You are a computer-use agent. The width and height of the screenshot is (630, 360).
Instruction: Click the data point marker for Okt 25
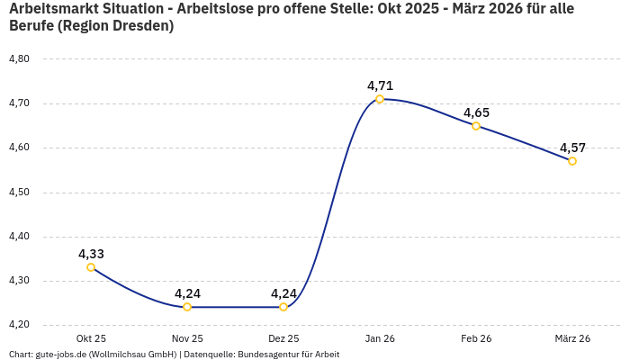coord(91,267)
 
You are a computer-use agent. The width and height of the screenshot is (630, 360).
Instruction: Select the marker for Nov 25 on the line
coord(187,307)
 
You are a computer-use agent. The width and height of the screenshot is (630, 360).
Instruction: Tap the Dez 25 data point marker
coord(283,307)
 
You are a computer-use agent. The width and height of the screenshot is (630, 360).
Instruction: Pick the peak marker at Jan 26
coord(380,99)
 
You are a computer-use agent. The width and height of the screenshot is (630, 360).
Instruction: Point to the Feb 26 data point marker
coord(476,126)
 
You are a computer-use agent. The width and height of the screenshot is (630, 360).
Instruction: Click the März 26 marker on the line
coord(572,161)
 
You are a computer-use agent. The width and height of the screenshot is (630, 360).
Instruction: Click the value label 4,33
coord(91,254)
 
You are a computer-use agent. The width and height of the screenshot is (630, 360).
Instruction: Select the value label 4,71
coord(380,85)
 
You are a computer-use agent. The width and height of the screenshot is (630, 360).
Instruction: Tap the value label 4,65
coord(476,112)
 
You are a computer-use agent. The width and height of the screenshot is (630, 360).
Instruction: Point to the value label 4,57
coord(572,148)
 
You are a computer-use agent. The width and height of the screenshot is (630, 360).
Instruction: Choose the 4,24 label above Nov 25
coord(187,293)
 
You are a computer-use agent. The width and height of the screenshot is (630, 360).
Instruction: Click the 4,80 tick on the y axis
coord(19,59)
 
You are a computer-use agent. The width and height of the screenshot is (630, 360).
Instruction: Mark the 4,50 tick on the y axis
coord(19,193)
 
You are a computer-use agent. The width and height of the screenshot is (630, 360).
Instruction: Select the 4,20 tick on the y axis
coord(19,325)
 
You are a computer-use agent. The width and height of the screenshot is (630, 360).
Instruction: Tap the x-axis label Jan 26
coord(380,338)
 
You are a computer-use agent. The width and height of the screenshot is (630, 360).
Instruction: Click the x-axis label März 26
coord(572,338)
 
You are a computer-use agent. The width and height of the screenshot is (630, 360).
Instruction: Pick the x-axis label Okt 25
coord(91,338)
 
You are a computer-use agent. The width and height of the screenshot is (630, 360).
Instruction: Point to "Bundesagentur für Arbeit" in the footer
coord(288,355)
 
